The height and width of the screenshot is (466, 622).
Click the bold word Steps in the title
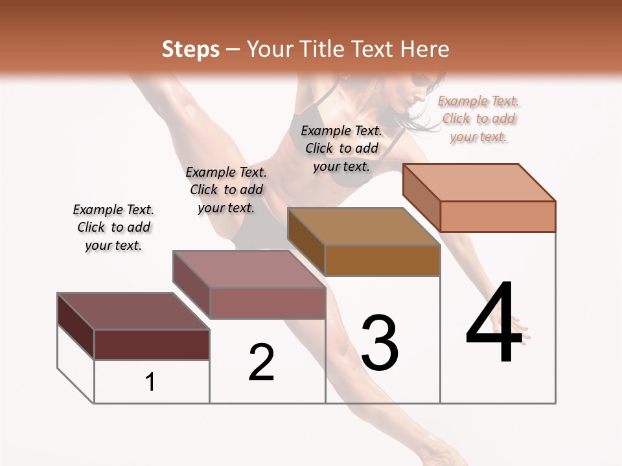190,49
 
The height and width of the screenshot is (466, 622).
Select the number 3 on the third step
380,343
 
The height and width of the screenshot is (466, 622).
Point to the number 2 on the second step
261,362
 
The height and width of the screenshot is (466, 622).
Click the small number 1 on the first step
150,382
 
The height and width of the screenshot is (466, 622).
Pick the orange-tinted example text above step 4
478,118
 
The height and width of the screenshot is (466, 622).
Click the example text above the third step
341,148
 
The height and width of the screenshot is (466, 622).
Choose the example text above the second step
226,190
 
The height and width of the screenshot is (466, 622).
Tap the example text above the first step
113,227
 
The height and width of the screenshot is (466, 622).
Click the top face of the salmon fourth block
479,182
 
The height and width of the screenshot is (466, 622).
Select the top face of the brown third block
363,227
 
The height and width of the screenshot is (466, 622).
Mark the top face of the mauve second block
249,269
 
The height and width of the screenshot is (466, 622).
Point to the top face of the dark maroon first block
133,311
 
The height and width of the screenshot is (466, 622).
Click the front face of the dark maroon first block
152,344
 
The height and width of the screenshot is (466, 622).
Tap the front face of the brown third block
382,261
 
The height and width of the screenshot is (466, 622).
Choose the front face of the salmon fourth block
498,216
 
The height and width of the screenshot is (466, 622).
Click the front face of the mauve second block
267,303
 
